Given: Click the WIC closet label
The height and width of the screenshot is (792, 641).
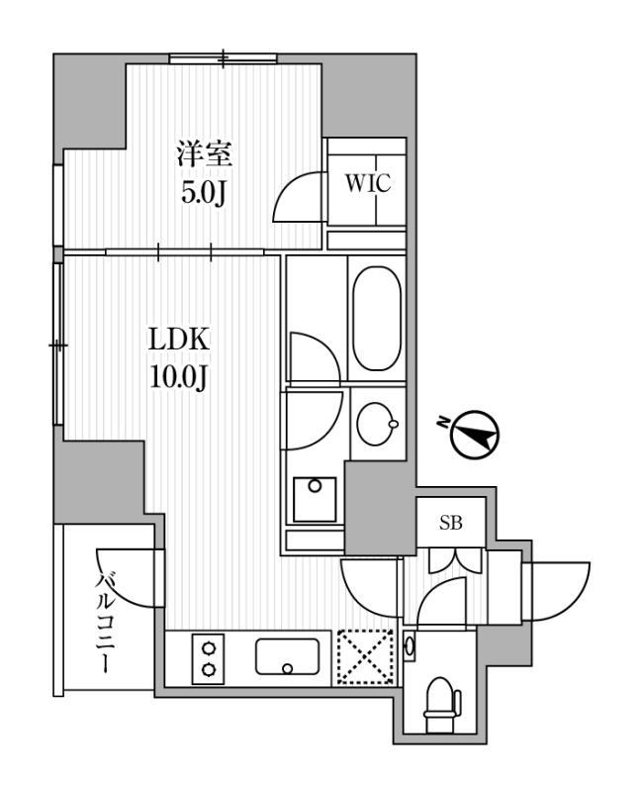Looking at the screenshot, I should tap(367, 183).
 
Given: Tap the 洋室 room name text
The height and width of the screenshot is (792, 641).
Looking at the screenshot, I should tap(205, 154).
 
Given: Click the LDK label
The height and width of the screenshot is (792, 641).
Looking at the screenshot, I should tap(178, 340).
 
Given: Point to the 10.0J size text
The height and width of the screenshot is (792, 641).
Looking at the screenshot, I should tap(178, 376).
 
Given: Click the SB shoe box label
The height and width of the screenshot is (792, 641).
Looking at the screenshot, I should tap(449, 524).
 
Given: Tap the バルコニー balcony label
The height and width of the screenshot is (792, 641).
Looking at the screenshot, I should tap(106, 626).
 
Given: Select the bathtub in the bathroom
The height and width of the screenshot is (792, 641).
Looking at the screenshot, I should tap(376, 319).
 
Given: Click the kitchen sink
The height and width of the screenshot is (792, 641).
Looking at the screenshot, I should tap(287, 655).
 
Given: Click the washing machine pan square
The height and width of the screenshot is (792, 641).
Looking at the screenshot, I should tap(315, 498).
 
